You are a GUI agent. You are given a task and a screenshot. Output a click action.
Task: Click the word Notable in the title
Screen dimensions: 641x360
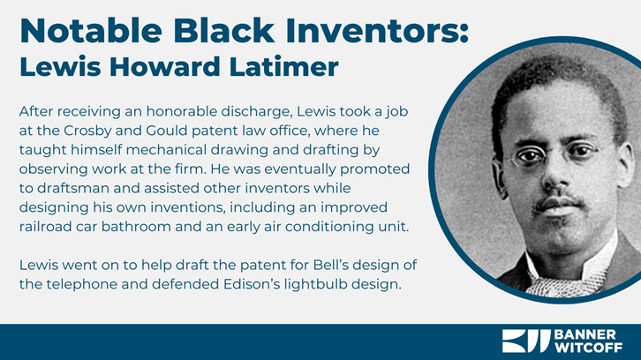point(91,31)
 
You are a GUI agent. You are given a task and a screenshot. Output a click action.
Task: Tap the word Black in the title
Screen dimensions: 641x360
point(224,31)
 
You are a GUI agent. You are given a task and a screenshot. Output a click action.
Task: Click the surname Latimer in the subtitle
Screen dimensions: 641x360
point(283,66)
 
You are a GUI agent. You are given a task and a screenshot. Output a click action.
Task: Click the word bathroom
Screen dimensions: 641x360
point(136,227)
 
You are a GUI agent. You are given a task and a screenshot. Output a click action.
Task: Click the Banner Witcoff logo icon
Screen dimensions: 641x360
point(526,341)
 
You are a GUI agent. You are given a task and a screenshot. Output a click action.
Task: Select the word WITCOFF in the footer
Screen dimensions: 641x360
point(588,348)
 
